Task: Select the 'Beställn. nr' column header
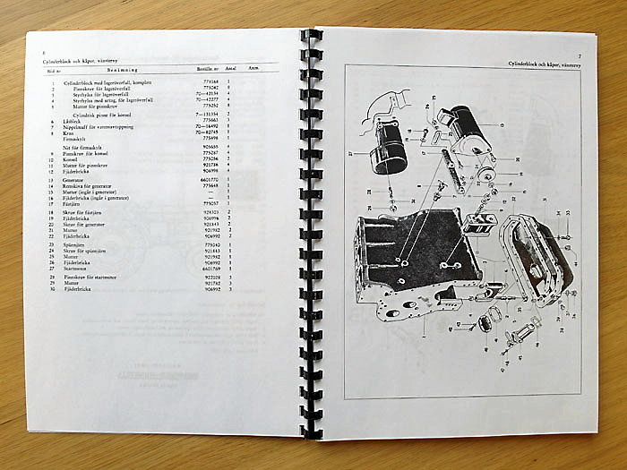pyautogui.click(x=210, y=69)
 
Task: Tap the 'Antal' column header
pyautogui.click(x=230, y=69)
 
